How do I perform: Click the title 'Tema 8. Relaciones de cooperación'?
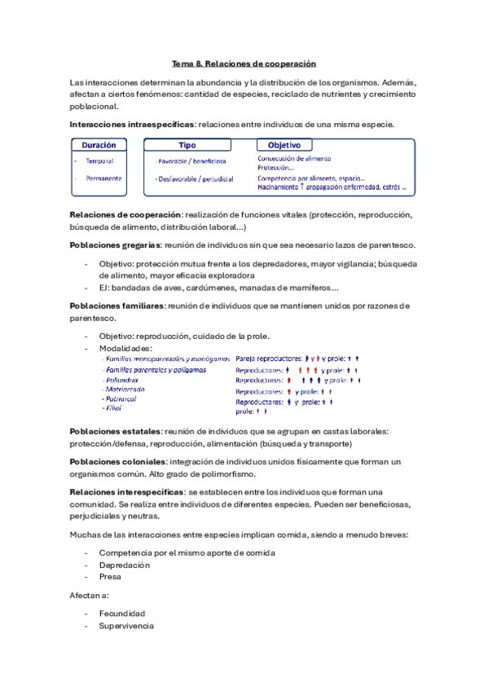(244, 63)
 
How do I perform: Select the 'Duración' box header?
(99, 145)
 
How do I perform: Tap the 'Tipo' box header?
(187, 145)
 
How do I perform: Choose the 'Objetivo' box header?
(279, 145)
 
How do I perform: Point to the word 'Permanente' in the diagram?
(103, 178)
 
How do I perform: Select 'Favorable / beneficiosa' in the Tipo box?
(192, 161)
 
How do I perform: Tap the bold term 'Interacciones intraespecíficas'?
(132, 125)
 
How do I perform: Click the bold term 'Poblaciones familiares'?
(117, 306)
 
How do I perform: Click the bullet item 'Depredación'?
(124, 565)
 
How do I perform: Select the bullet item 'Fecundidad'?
(122, 614)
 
